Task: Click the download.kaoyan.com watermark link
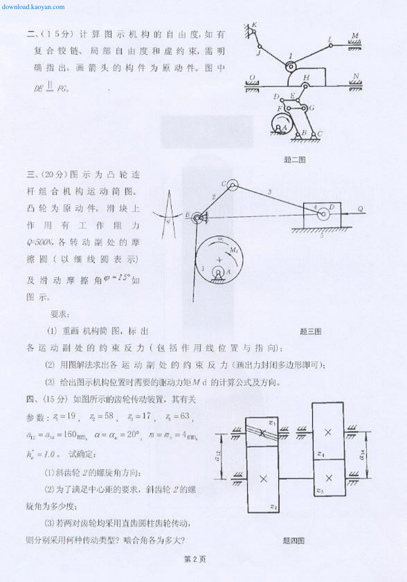33,7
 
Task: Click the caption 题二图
294,160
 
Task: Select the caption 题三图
310,331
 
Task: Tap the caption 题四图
293,541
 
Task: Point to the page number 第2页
195,559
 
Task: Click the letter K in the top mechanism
254,25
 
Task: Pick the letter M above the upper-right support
355,36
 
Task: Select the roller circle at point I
290,67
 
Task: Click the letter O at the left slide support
252,78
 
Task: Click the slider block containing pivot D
322,216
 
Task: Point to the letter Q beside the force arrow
360,209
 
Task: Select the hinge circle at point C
232,185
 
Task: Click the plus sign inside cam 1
219,260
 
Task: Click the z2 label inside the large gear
274,507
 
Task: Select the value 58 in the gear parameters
109,416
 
